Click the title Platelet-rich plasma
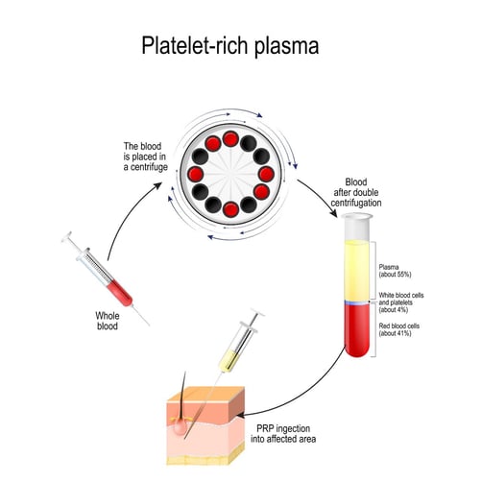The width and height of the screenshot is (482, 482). click(240, 46)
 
